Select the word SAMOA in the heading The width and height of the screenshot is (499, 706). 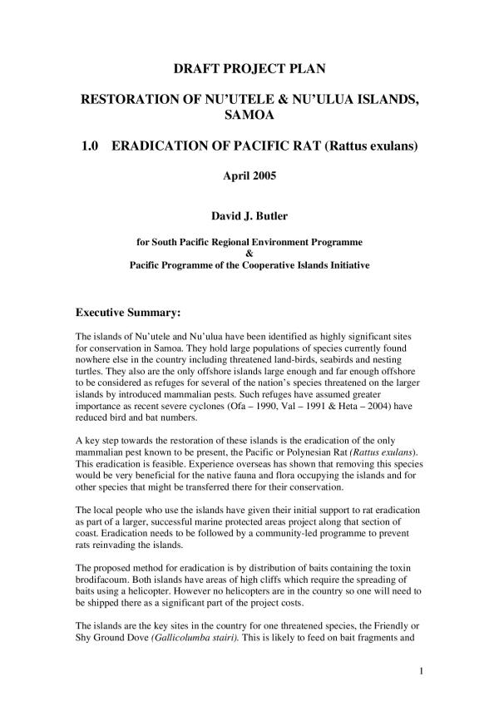tap(249, 116)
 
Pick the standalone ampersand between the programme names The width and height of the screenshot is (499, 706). tap(249, 254)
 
